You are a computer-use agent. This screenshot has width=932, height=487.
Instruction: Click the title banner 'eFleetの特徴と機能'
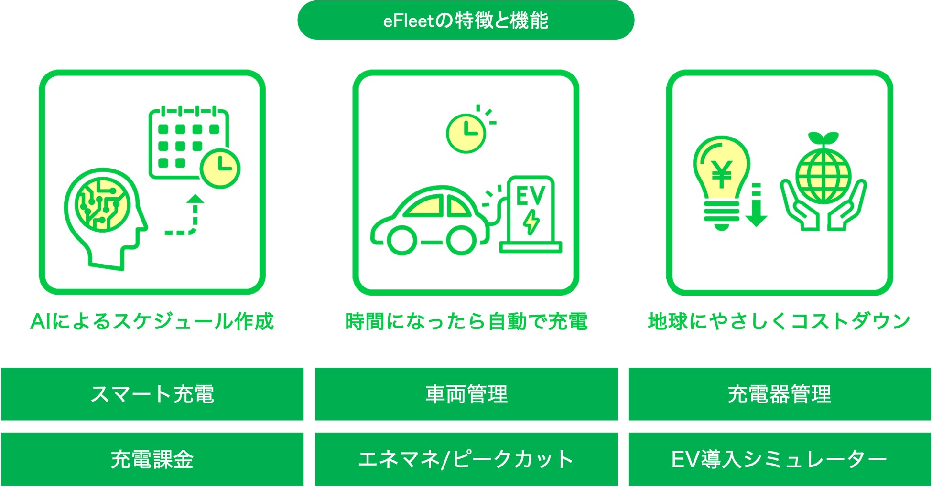(x=466, y=21)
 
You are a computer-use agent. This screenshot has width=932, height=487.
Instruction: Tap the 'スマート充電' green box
(x=152, y=394)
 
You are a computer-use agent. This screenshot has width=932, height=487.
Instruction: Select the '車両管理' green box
(x=466, y=394)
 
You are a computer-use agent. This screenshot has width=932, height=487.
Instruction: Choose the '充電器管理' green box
(x=779, y=394)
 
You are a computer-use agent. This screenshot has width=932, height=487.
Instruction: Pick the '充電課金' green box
(x=152, y=459)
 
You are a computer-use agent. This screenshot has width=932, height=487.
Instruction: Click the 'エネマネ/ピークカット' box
(x=466, y=459)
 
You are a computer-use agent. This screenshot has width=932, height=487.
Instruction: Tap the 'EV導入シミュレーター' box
(x=779, y=459)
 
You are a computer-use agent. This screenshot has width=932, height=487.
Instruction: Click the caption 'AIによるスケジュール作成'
(x=152, y=321)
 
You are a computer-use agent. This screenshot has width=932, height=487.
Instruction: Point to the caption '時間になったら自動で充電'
(x=466, y=321)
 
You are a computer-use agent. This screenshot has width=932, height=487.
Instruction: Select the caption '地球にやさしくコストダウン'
(x=779, y=321)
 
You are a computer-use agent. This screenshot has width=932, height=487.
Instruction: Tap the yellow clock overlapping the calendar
(x=220, y=168)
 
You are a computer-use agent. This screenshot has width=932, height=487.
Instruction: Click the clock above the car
(x=466, y=133)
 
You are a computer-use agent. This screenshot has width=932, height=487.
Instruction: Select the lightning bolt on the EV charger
(x=531, y=222)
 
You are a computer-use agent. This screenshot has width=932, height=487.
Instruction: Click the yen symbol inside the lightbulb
(x=721, y=174)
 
